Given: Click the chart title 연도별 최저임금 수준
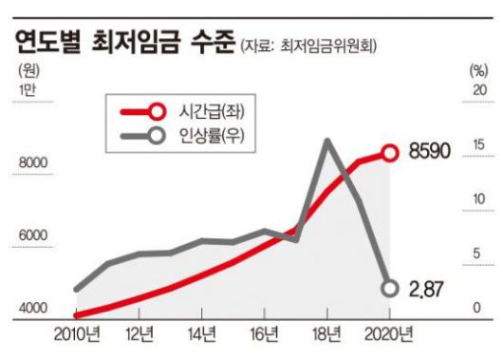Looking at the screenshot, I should [121, 43].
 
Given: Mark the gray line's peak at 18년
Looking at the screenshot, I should [327, 141].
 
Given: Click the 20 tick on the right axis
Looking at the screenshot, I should [477, 90].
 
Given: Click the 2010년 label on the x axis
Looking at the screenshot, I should [77, 333].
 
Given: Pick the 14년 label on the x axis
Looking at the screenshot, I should [203, 333].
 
